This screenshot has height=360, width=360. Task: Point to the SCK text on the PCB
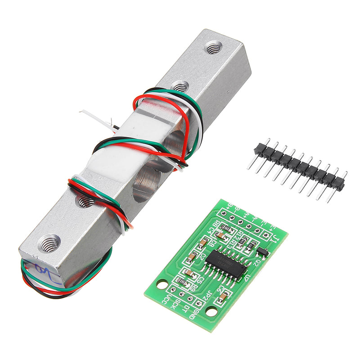(x=177, y=305)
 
